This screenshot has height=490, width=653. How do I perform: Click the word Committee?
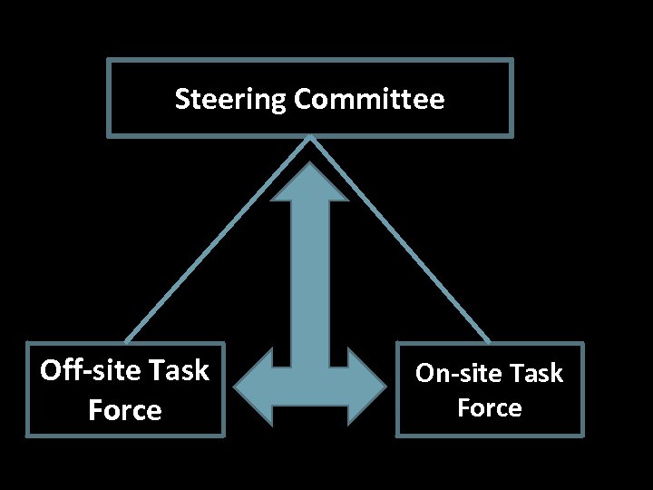pyautogui.click(x=369, y=98)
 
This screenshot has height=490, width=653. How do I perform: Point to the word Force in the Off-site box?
pyautogui.click(x=125, y=410)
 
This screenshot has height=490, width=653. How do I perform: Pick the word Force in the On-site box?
pyautogui.click(x=490, y=408)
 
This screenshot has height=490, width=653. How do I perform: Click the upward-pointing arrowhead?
pyautogui.click(x=310, y=181)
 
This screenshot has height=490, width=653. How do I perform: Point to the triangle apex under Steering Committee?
pyautogui.click(x=310, y=138)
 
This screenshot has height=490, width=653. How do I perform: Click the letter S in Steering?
pyautogui.click(x=181, y=99)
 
